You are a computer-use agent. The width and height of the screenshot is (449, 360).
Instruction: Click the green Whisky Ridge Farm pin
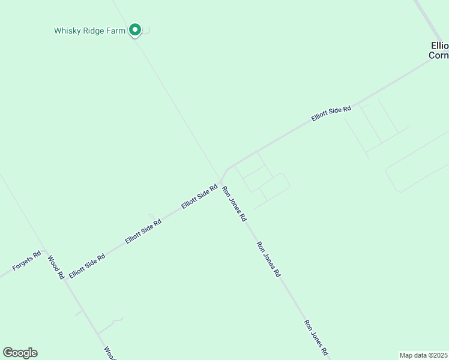pyautogui.click(x=136, y=29)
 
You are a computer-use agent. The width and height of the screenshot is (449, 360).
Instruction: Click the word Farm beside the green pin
pyautogui.click(x=117, y=30)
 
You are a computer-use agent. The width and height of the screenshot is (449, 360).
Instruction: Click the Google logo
pyautogui.click(x=20, y=353)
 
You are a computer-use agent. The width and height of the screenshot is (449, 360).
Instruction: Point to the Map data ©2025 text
pyautogui.click(x=424, y=355)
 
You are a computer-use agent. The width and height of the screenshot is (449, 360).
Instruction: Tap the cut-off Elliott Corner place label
pyautogui.click(x=439, y=50)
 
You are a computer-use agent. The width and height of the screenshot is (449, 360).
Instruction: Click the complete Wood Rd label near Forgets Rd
pyautogui.click(x=56, y=268)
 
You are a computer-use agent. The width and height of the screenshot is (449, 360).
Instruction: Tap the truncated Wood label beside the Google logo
pyautogui.click(x=109, y=353)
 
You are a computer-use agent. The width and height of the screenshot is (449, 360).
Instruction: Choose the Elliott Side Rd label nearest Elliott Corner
pyautogui.click(x=331, y=113)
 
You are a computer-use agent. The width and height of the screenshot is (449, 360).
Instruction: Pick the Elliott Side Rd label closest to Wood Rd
pyautogui.click(x=87, y=265)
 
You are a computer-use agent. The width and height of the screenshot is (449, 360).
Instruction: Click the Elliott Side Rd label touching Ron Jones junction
pyautogui.click(x=199, y=196)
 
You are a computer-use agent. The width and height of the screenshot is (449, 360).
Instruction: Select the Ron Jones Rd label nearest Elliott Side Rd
pyautogui.click(x=234, y=204)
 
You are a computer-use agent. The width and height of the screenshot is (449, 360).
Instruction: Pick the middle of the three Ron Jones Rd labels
pyautogui.click(x=268, y=259)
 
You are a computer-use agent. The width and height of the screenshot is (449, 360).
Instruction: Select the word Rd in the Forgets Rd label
pyautogui.click(x=37, y=255)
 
